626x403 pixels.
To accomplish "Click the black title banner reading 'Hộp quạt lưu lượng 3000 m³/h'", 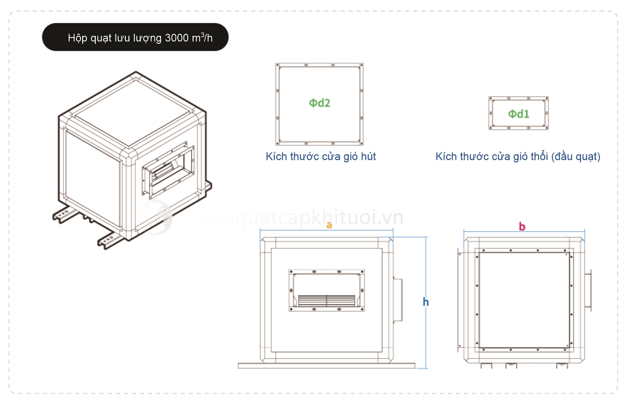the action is pyautogui.click(x=135, y=37).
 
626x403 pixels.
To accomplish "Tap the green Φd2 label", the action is pyautogui.click(x=319, y=103).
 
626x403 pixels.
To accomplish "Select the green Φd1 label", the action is pyautogui.click(x=518, y=114).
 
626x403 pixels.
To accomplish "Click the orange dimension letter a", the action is pyautogui.click(x=329, y=225).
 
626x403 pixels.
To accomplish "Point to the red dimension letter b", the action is pyautogui.click(x=522, y=226).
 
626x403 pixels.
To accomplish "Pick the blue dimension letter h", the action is pyautogui.click(x=425, y=302).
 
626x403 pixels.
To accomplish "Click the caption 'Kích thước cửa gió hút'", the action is pyautogui.click(x=320, y=157).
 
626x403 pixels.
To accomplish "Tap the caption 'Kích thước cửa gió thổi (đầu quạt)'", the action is pyautogui.click(x=518, y=157).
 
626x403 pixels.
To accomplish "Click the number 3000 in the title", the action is pyautogui.click(x=177, y=38).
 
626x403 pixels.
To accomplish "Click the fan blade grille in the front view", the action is pyautogui.click(x=326, y=300).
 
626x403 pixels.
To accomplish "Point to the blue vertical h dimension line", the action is pyautogui.click(x=426, y=303).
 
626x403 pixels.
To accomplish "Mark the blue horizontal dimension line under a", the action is pyautogui.click(x=326, y=230).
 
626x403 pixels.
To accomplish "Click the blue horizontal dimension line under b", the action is pyautogui.click(x=524, y=232).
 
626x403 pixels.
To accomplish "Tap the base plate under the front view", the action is pyautogui.click(x=326, y=366).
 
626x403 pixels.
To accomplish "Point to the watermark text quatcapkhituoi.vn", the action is pyautogui.click(x=318, y=218).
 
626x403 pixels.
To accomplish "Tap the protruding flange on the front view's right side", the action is pyautogui.click(x=398, y=300).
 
